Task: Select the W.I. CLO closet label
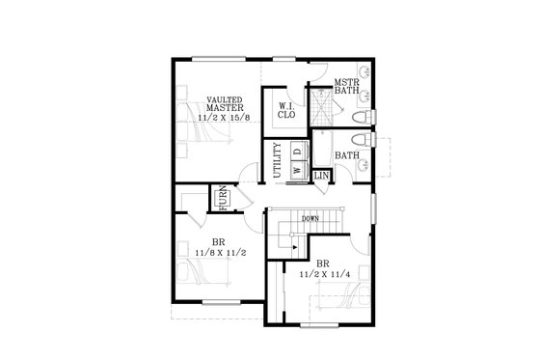(x=286, y=110)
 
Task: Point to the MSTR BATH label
(x=345, y=88)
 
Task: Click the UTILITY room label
(x=277, y=158)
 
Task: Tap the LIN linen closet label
(x=321, y=175)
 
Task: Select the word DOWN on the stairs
(x=310, y=218)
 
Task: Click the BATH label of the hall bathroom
(x=346, y=155)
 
